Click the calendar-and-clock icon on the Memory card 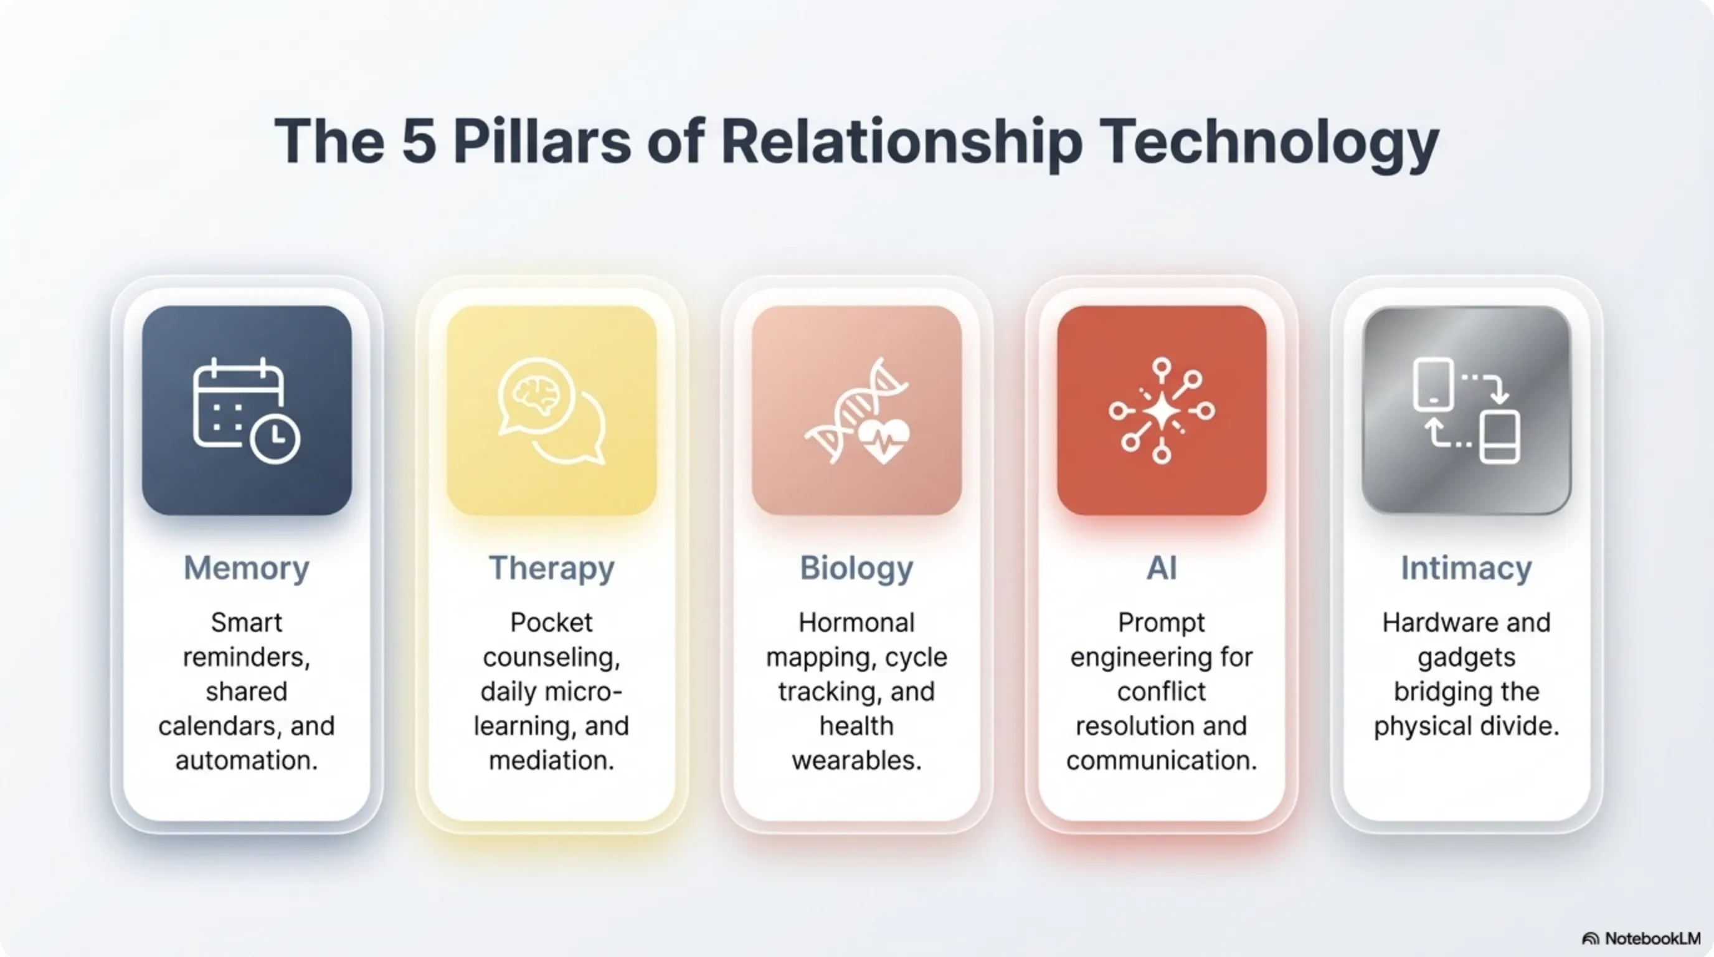click(246, 411)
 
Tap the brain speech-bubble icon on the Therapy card click(552, 411)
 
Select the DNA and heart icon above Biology click(856, 411)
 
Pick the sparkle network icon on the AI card click(1162, 411)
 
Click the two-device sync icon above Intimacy click(1467, 411)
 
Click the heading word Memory click(246, 569)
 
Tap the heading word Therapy click(552, 569)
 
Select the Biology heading click(856, 569)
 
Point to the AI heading click(1162, 568)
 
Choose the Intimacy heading click(1467, 569)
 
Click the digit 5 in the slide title click(419, 141)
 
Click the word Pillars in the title click(542, 141)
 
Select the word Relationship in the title click(902, 144)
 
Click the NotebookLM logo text click(1653, 938)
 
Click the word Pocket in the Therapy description click(552, 623)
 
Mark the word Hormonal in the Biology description click(856, 623)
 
